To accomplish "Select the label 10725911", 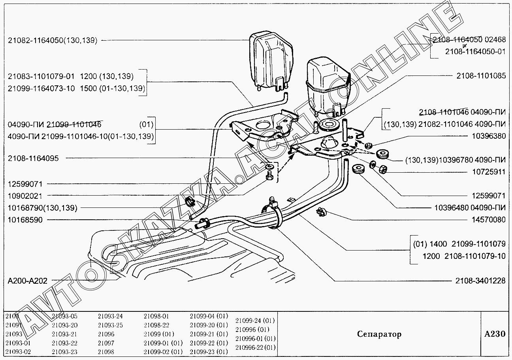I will (x=489, y=172).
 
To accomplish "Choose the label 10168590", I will (x=25, y=220).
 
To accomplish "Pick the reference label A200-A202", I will (x=28, y=281).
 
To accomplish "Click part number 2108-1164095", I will (x=33, y=158).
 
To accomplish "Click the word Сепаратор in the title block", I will (x=379, y=334).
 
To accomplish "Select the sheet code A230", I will (x=495, y=334).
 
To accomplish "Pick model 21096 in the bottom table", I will (x=106, y=334).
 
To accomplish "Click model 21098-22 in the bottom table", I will (x=156, y=325).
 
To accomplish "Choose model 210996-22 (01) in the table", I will (x=255, y=347).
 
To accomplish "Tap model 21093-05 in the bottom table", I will (x=64, y=316).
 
